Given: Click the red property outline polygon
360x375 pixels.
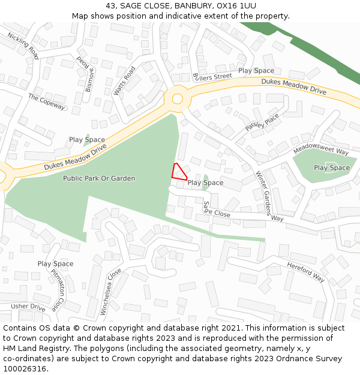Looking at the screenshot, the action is tap(178, 172).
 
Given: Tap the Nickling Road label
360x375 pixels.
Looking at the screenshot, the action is tap(23, 46).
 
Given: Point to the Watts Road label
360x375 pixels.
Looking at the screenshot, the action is tap(125, 80).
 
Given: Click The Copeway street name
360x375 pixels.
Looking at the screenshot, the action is tap(46, 101).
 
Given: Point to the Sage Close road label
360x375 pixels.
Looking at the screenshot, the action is tap(217, 209).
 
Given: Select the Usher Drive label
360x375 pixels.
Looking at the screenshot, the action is tap(28, 307).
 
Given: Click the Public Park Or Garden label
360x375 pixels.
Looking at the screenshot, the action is tap(99, 178).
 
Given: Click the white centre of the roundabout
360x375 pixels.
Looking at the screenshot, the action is tap(177, 99).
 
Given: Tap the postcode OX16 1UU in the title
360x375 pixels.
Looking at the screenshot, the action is tap(240, 6).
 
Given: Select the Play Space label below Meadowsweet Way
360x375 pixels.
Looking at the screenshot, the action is tap(331, 168).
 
